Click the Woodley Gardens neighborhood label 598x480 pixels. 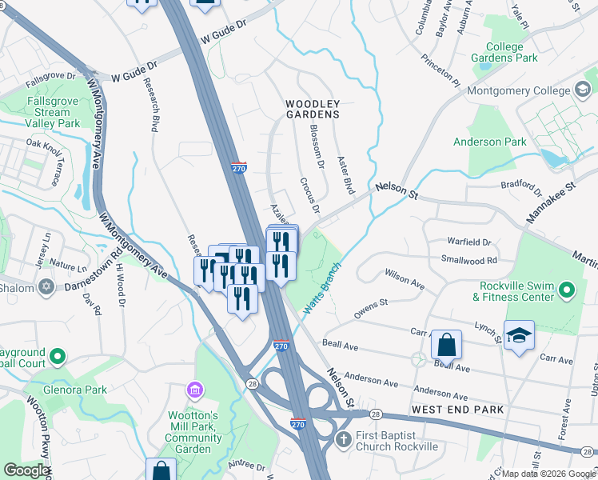pos(313,110)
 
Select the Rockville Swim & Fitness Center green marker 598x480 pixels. pos(567,290)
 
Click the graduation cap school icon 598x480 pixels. pos(519,335)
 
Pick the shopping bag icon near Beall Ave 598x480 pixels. pos(446,345)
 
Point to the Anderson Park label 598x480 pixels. pos(490,142)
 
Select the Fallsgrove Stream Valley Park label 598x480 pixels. pos(52,113)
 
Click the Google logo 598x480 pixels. pos(26,470)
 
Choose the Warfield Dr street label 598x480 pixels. pos(468,241)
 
